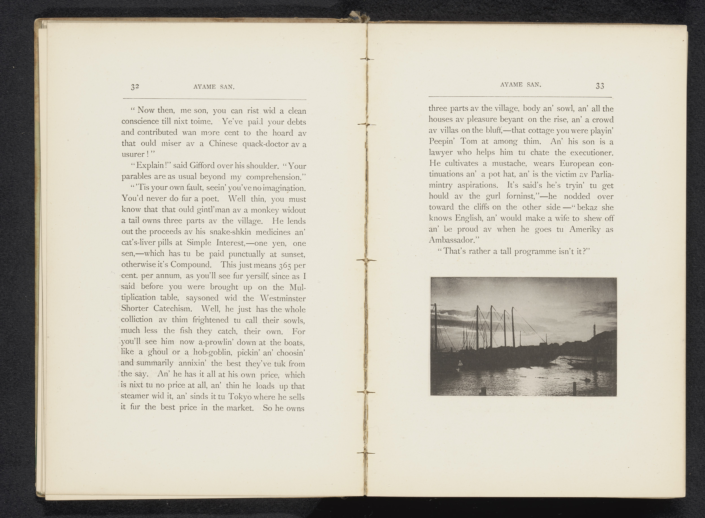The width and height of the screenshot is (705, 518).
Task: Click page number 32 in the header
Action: click(135, 87)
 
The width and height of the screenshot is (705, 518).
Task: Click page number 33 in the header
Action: click(600, 86)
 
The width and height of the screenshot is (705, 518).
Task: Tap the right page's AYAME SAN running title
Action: click(521, 84)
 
